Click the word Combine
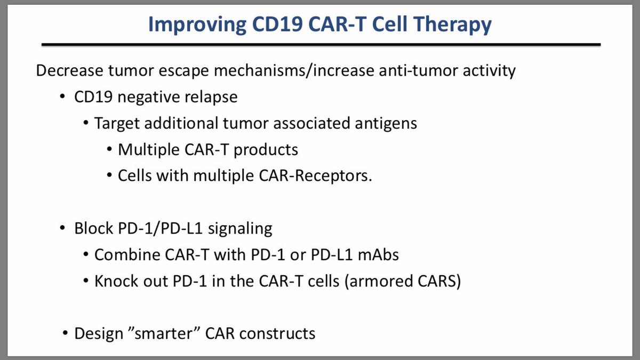click(x=125, y=255)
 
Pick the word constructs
click(x=277, y=334)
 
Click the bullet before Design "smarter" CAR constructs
click(x=65, y=334)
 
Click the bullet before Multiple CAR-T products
click(x=109, y=150)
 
